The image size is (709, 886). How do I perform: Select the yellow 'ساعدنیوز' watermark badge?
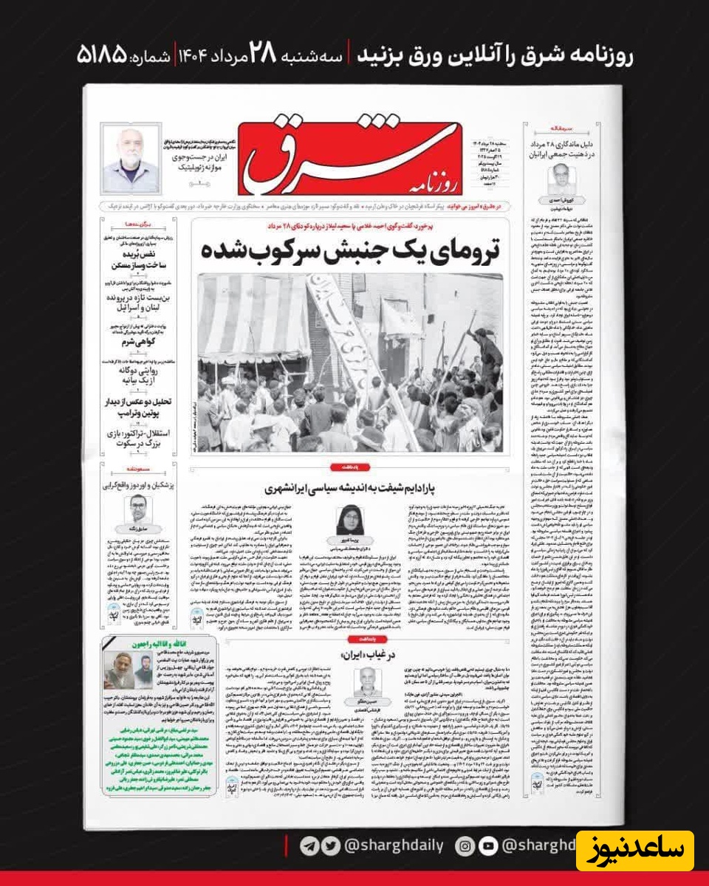point(635,851)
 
